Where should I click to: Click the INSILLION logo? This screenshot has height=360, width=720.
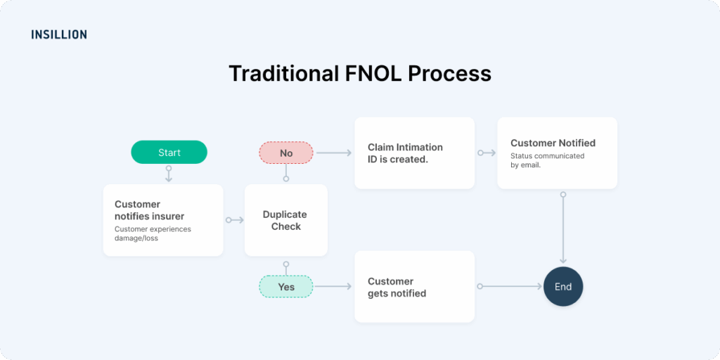click(x=59, y=34)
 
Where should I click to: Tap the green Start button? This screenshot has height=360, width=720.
click(x=169, y=153)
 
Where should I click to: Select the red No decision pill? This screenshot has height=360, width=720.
click(x=286, y=153)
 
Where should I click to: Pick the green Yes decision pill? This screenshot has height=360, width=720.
click(x=286, y=287)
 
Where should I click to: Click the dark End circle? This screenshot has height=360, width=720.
click(x=563, y=287)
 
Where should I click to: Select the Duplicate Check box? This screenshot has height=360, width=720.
click(x=285, y=220)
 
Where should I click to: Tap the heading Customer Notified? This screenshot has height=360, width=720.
click(x=553, y=143)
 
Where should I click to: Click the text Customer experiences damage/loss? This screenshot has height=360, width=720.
click(x=153, y=233)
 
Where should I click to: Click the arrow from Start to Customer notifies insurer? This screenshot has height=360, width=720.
click(x=169, y=174)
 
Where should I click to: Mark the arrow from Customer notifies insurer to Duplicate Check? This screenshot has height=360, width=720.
click(x=234, y=220)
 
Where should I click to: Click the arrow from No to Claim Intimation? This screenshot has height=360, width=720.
click(x=333, y=153)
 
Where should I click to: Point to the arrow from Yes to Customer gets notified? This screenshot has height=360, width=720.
click(x=333, y=287)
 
